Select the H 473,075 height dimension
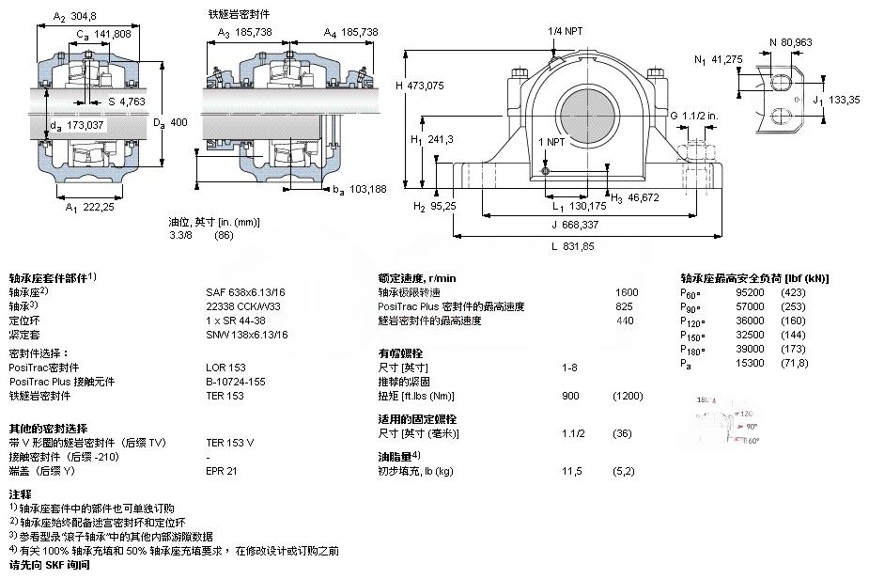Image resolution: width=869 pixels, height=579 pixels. click(x=419, y=86)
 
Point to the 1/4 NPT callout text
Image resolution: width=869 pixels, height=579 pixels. click(x=566, y=31)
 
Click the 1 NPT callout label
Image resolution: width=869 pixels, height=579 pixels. click(x=551, y=141)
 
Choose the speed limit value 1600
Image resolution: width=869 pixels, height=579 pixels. click(x=627, y=292)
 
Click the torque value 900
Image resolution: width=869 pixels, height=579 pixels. click(x=570, y=396)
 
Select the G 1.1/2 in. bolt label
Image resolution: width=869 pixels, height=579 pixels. click(x=696, y=115)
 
